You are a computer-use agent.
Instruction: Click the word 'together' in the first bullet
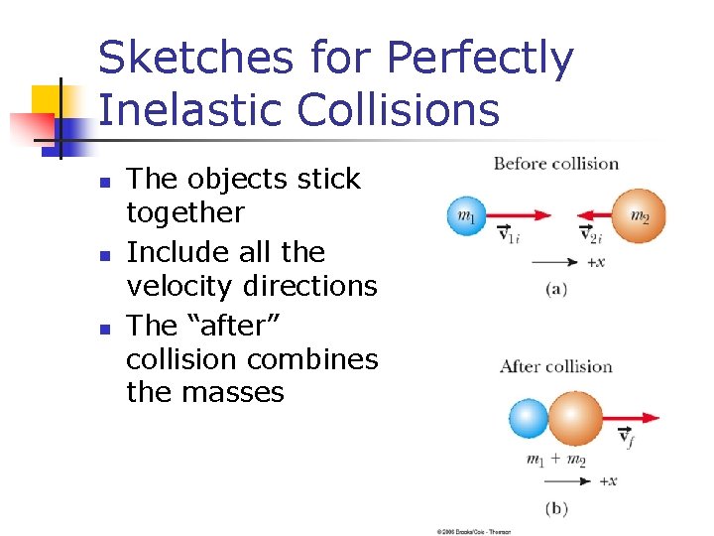click(x=184, y=212)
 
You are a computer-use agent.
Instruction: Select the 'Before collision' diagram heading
click(x=555, y=164)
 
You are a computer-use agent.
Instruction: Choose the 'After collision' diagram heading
click(x=555, y=366)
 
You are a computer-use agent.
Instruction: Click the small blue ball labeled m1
click(x=466, y=215)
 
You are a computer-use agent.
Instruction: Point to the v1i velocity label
click(x=508, y=235)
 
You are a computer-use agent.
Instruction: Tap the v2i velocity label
click(x=590, y=235)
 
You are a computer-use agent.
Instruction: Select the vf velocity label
click(x=626, y=436)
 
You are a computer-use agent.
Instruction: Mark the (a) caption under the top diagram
click(x=556, y=289)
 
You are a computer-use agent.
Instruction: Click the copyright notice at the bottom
click(x=475, y=531)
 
